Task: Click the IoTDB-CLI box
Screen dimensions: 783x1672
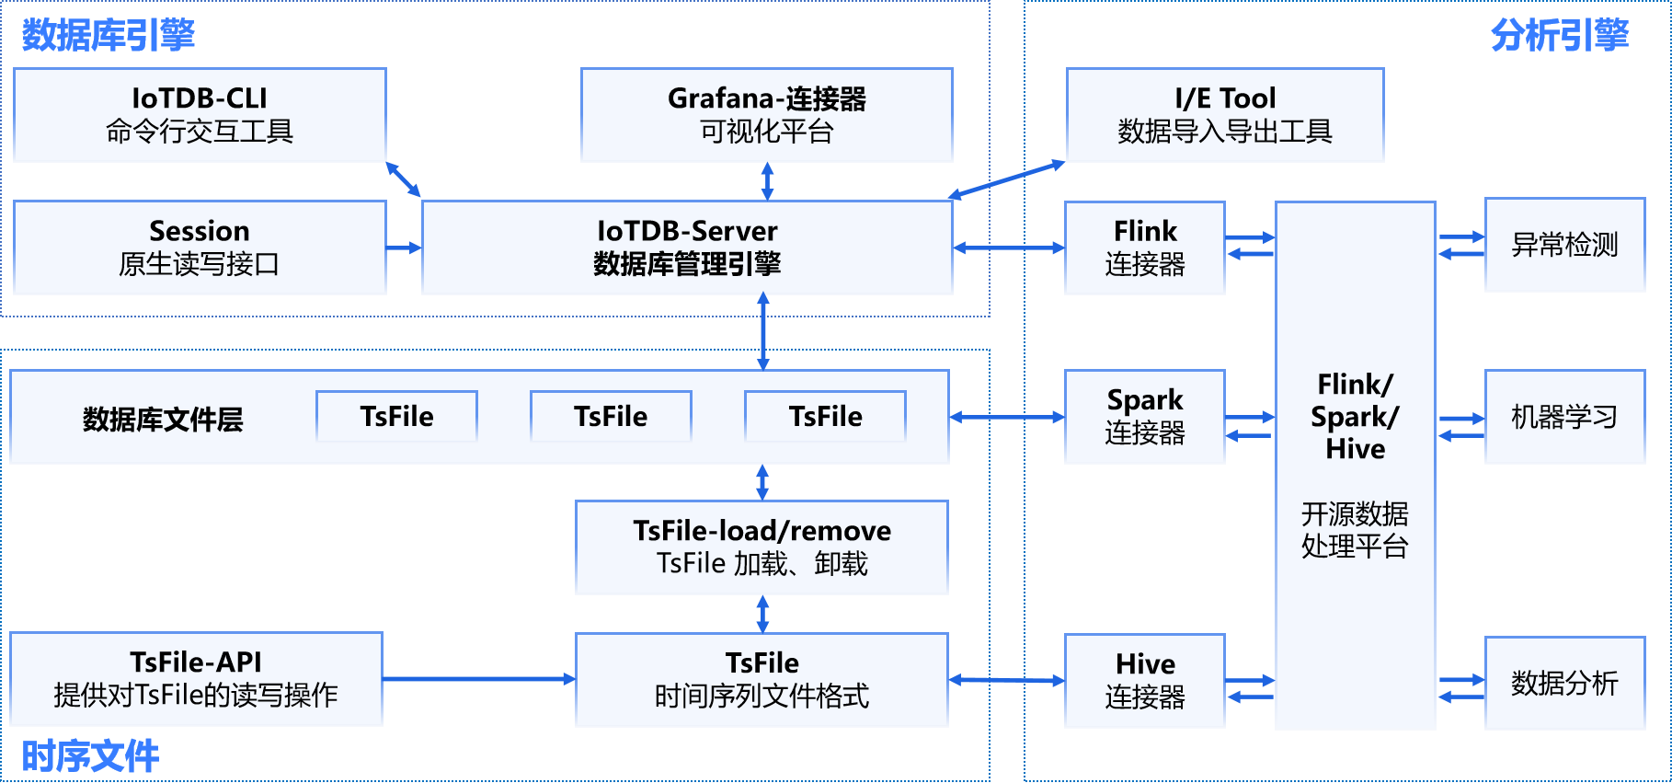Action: [200, 115]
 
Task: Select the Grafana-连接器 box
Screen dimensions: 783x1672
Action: [766, 115]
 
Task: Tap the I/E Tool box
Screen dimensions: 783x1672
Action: [1224, 115]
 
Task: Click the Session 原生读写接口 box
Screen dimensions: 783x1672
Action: [200, 248]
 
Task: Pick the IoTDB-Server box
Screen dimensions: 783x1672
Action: [686, 248]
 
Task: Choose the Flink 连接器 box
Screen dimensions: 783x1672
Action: [1144, 248]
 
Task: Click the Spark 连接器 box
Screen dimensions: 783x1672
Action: [1144, 417]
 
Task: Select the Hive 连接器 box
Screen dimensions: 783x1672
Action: [1144, 681]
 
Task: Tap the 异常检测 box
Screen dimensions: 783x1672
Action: [1564, 245]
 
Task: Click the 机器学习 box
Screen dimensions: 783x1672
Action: [1564, 417]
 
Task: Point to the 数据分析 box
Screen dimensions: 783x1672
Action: [1564, 683]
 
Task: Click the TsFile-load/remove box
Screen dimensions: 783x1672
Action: [762, 547]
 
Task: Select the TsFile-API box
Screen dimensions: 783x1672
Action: [196, 679]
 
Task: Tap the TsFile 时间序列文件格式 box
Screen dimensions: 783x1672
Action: [762, 680]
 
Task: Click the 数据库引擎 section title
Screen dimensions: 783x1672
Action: [109, 35]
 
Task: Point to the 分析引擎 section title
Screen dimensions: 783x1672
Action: [1559, 35]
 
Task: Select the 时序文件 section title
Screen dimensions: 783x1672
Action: [90, 756]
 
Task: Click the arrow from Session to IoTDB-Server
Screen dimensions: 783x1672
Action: [404, 248]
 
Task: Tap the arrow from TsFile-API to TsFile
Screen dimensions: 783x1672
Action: [478, 679]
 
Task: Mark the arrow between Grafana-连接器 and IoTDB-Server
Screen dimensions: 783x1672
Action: [767, 181]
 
